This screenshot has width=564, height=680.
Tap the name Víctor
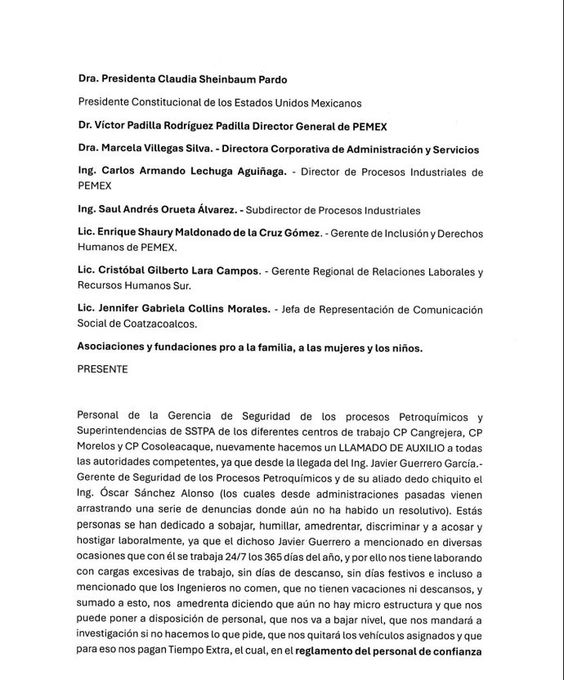pos(113,126)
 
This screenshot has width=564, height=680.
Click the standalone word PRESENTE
pos(102,369)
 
